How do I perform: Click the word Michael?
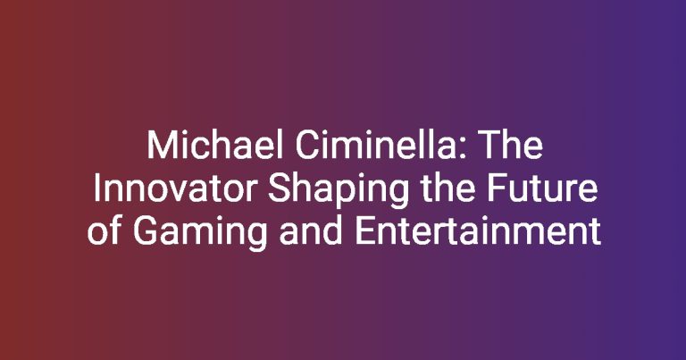215,146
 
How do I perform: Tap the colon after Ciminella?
464,149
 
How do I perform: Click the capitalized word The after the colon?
511,146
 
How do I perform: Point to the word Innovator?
175,188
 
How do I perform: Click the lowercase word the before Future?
448,188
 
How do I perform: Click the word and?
311,230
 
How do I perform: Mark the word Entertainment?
478,231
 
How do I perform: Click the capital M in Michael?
160,146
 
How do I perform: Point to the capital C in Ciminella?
306,146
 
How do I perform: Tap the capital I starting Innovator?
96,188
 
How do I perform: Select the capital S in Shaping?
279,188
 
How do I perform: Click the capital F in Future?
497,188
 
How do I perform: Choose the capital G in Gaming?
145,231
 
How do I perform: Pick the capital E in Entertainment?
364,231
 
